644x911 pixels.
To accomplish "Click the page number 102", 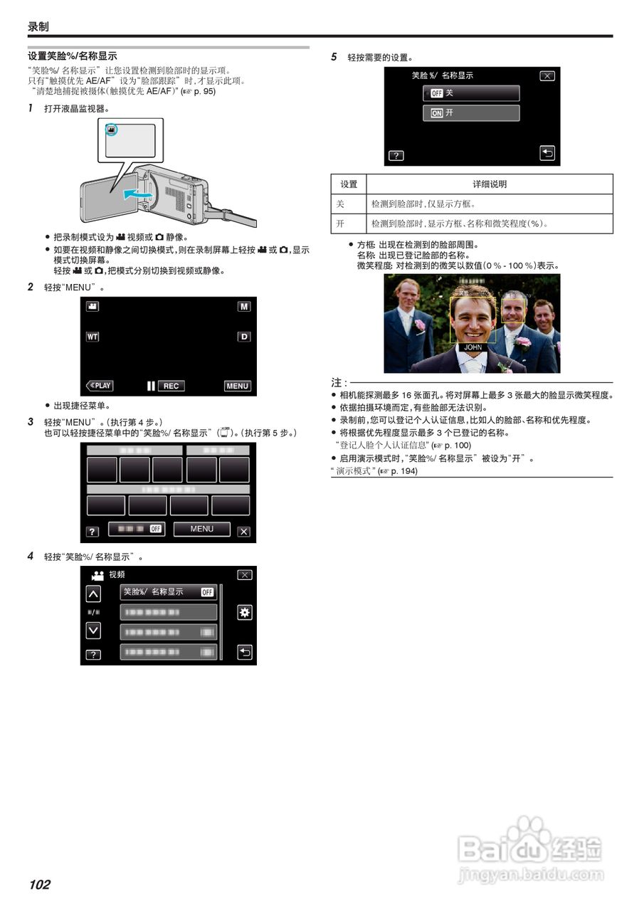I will [x=40, y=885].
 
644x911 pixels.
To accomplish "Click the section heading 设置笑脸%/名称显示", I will [x=72, y=56].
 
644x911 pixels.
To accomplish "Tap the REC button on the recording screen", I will [x=170, y=386].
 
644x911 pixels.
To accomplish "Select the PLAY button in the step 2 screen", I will [x=100, y=386].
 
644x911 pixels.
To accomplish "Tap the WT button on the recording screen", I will [x=93, y=336].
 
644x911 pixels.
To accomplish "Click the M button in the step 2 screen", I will [x=244, y=306].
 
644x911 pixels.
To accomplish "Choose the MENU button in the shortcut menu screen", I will [x=201, y=529].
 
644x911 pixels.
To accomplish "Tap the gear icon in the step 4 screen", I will [x=244, y=613].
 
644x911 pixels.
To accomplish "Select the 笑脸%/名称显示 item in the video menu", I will [x=168, y=592].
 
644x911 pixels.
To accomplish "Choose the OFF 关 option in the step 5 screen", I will [x=470, y=93].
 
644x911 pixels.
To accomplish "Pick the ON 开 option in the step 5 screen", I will [x=470, y=113].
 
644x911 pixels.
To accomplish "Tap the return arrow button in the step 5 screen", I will [x=547, y=153].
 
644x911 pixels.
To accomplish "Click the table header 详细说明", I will [x=490, y=184].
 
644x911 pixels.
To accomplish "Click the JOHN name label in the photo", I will [x=473, y=347].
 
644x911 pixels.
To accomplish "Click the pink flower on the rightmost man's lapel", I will [x=523, y=342].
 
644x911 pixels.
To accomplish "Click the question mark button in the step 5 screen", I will [x=396, y=155].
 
